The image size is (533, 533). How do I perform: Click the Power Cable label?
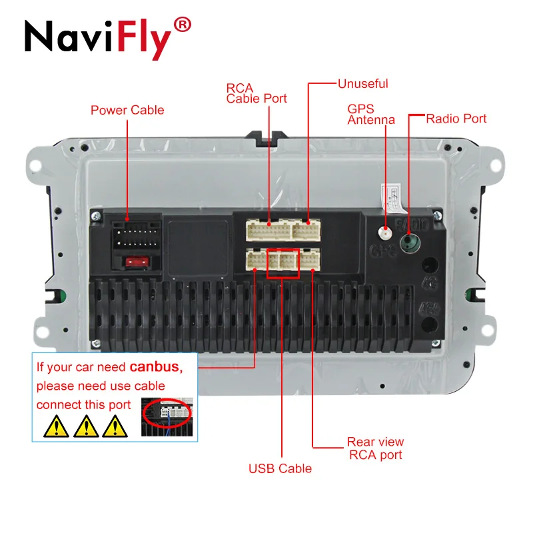127,110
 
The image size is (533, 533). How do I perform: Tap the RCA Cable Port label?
256,93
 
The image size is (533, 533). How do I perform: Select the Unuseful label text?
362,84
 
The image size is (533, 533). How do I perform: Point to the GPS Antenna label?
370,114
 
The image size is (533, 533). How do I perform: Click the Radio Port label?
456,119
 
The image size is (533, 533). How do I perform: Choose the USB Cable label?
280,468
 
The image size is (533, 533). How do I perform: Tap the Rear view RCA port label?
375,448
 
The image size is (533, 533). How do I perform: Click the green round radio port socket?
409,242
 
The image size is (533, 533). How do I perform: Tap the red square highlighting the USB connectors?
282,262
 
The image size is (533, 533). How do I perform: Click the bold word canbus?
155,366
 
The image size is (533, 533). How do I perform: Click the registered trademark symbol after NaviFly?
181,26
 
